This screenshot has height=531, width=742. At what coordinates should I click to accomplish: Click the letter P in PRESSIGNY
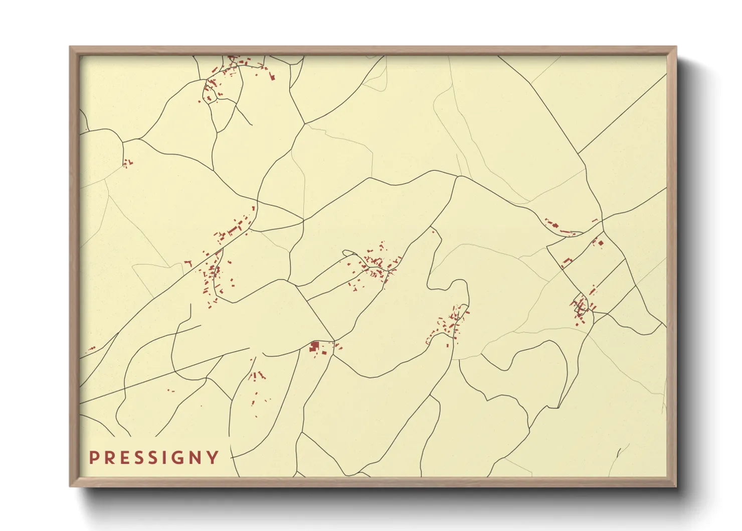point(93,457)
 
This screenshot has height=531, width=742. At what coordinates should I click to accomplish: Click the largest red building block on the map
point(314,346)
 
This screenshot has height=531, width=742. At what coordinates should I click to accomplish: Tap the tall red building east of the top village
point(272,77)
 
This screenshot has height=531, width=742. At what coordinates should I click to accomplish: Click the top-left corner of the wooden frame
point(70,47)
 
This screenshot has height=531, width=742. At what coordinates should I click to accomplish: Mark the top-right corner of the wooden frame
point(676,47)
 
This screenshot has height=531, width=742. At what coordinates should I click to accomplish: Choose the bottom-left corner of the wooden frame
point(70,486)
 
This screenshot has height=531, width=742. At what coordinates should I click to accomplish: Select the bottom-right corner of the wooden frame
point(676,486)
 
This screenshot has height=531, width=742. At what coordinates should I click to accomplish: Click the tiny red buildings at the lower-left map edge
point(91,348)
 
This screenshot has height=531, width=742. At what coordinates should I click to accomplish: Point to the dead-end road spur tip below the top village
point(251,124)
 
